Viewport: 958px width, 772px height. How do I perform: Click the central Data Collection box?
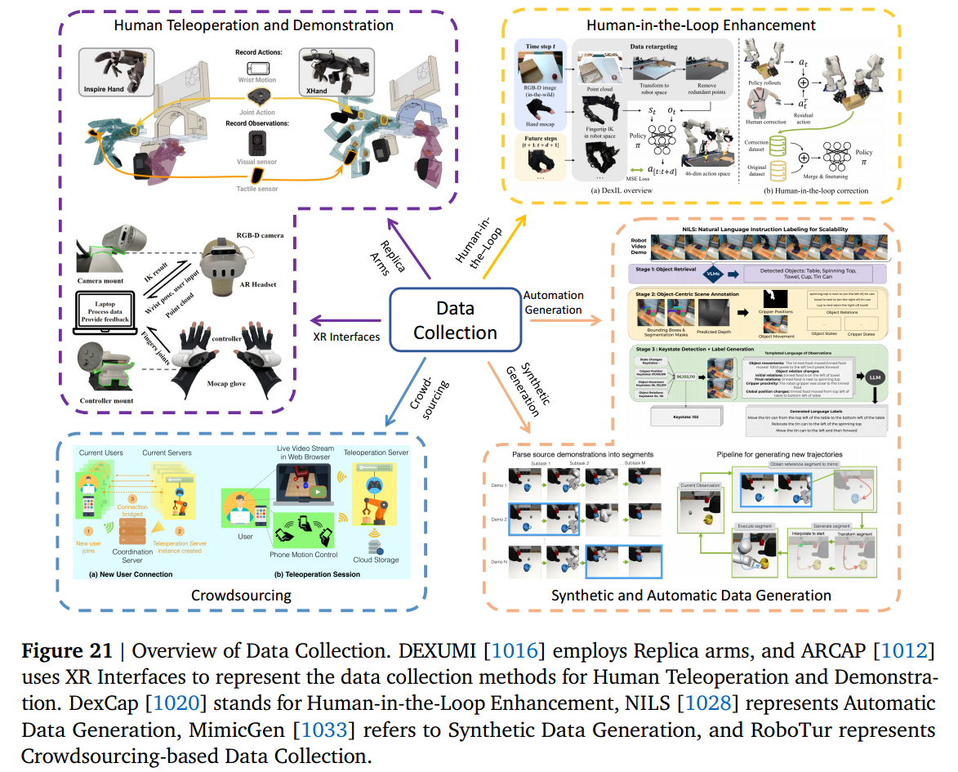point(455,320)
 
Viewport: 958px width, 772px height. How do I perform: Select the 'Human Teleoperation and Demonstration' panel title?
point(253,25)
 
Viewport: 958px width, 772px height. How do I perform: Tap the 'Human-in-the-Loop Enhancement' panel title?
point(701,25)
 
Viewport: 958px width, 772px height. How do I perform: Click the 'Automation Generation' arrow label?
point(554,302)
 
